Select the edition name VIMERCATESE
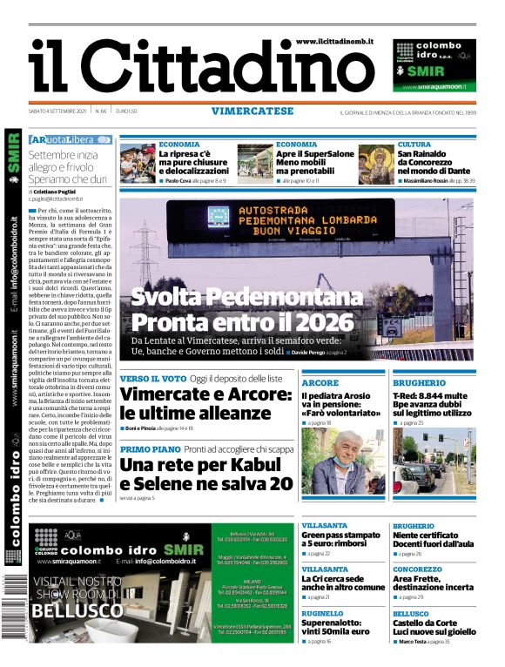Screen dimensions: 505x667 252,111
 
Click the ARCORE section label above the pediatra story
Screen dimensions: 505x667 320,382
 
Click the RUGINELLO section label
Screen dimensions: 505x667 323,612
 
